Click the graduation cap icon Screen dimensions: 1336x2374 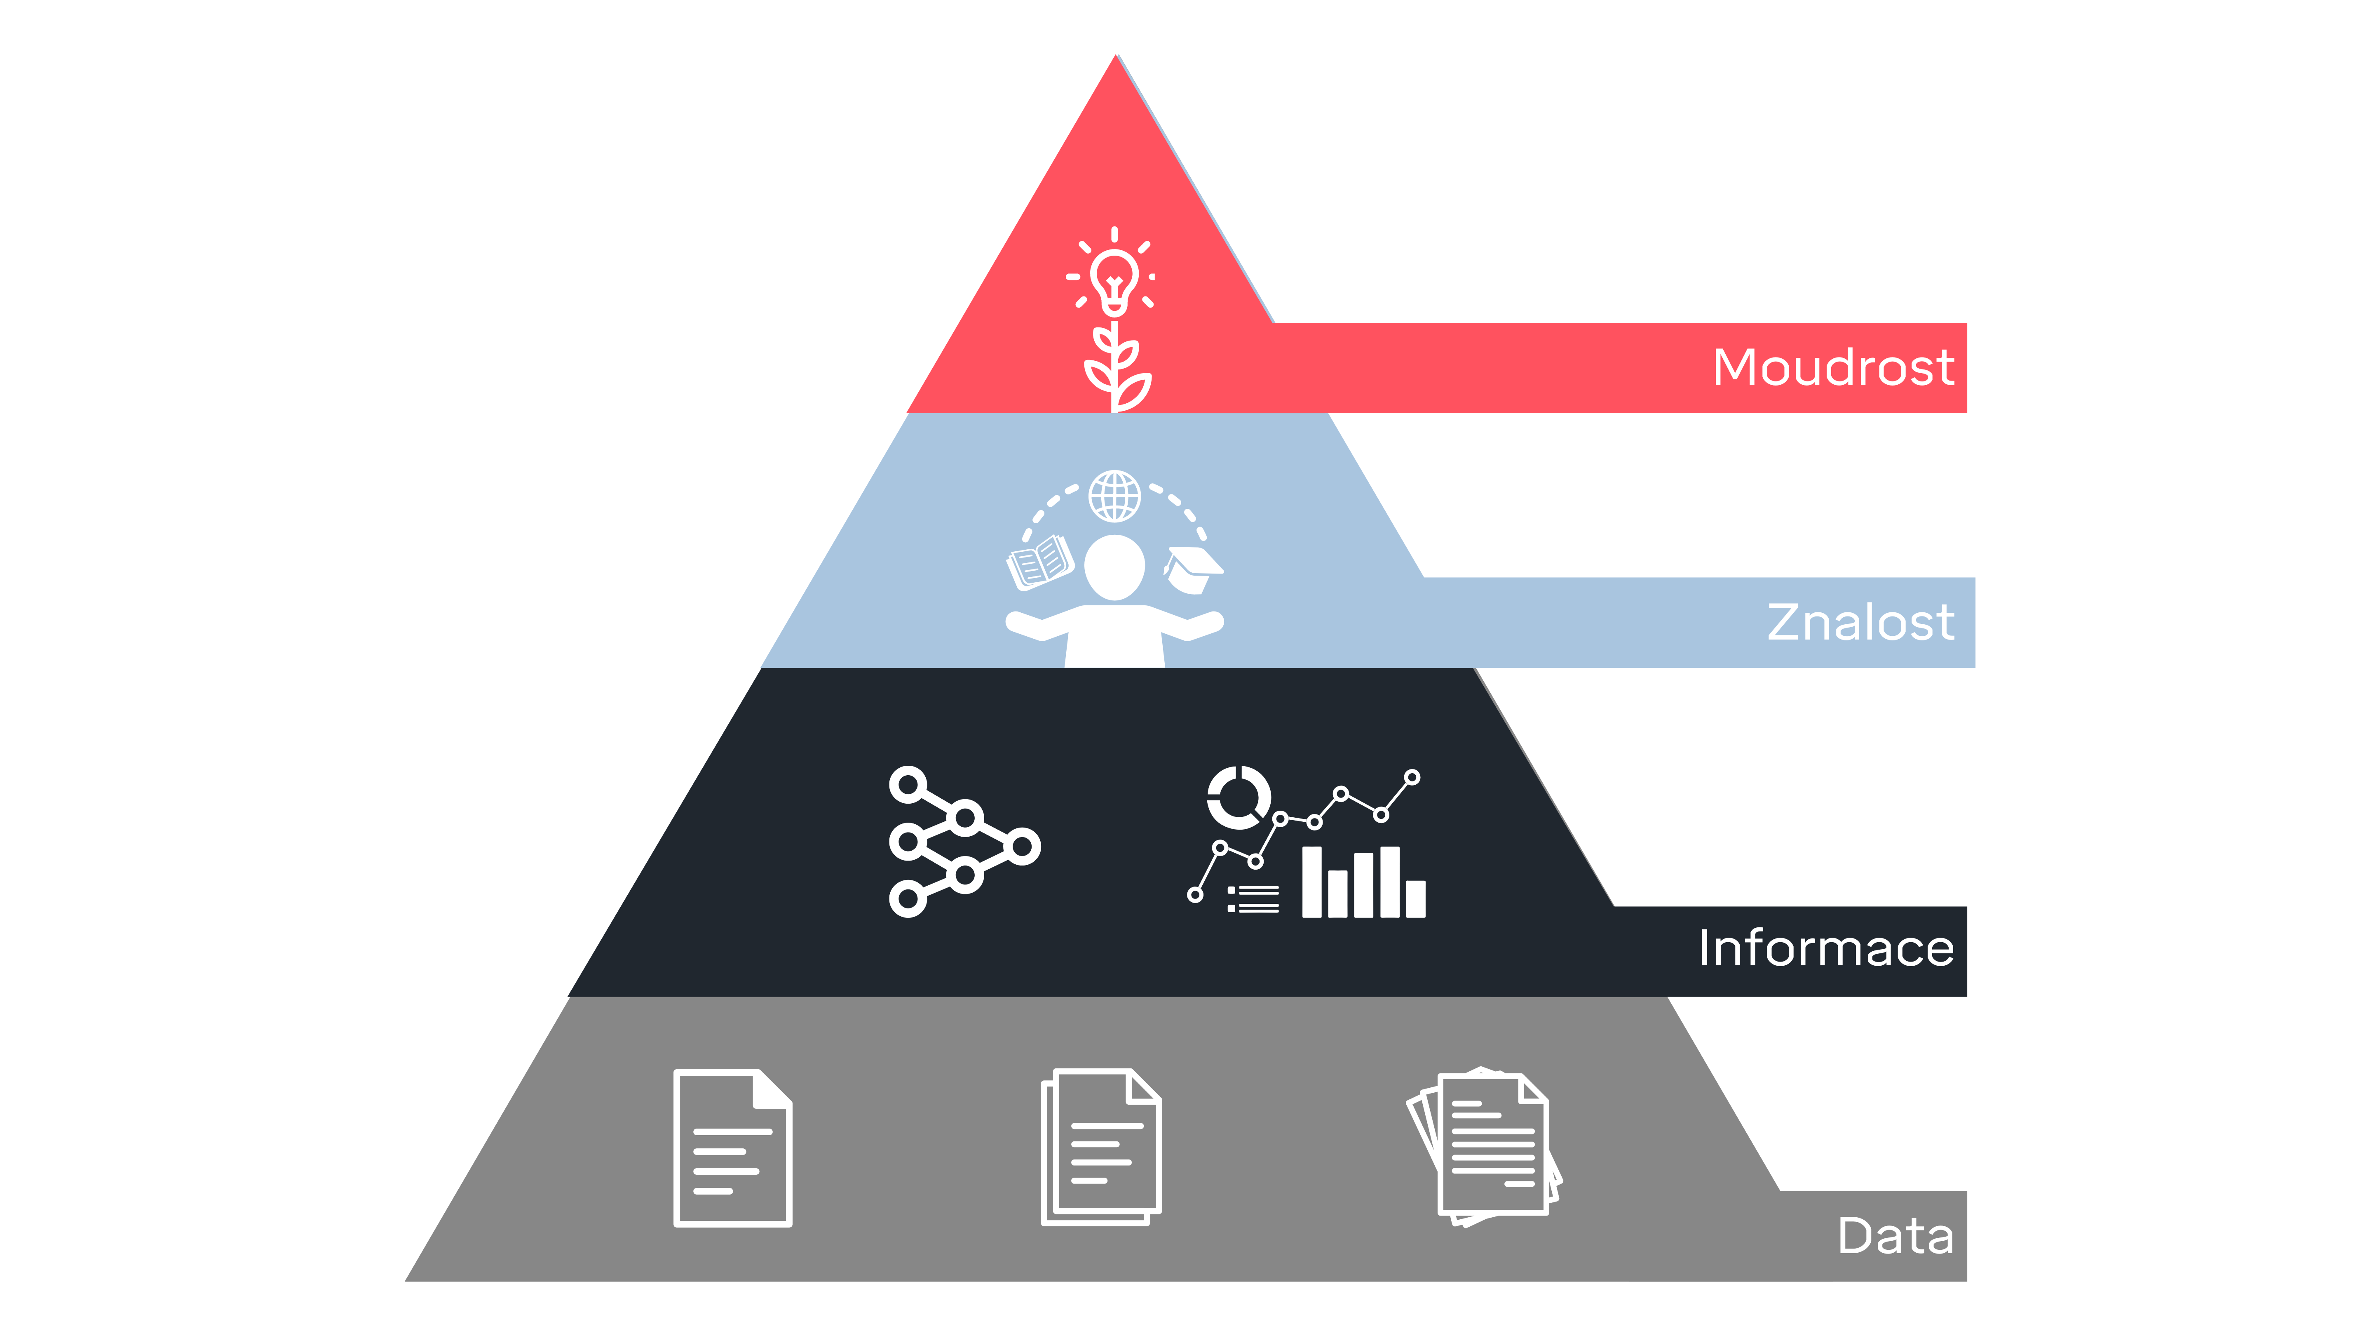[x=1194, y=569]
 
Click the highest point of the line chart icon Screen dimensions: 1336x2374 [x=1412, y=777]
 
